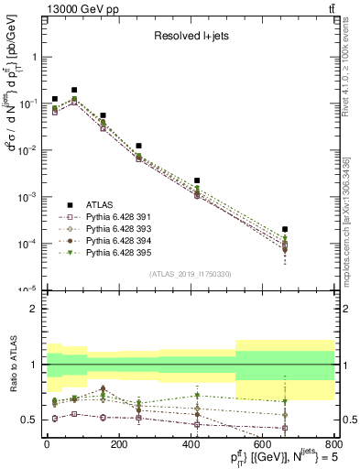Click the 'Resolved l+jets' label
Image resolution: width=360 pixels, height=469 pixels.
point(190,37)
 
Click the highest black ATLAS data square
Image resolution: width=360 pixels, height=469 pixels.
point(74,90)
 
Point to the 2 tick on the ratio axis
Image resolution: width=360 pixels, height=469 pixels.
point(37,309)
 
